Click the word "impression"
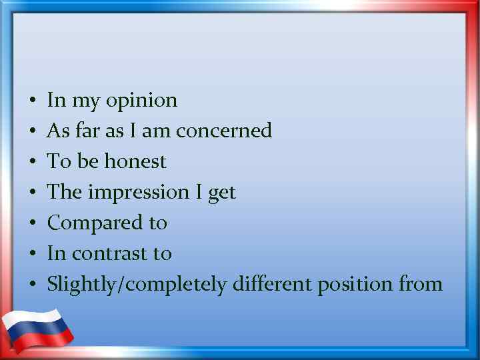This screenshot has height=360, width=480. [x=139, y=193]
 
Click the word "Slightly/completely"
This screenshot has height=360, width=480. [x=137, y=285]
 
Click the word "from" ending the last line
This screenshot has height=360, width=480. [x=421, y=285]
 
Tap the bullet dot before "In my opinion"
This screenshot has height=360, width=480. [x=32, y=101]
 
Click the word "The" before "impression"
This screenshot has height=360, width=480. [x=65, y=192]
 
